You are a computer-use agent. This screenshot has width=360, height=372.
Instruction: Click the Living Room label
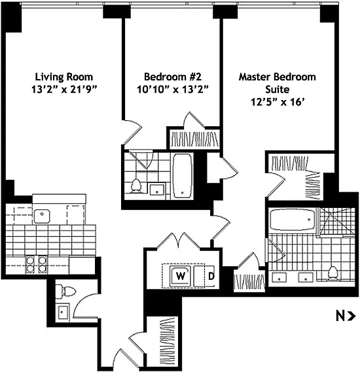tap(64, 77)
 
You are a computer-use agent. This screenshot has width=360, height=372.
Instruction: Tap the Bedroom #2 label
tap(173, 77)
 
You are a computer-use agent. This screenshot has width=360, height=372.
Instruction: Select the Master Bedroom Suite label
tap(277, 83)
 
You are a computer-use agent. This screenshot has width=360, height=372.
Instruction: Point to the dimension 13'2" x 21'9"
tap(64, 90)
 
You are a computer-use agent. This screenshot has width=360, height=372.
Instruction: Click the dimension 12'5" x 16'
tap(278, 102)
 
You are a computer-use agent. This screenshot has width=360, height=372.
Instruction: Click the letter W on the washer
tap(181, 276)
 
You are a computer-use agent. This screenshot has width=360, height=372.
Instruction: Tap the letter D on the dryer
tap(211, 276)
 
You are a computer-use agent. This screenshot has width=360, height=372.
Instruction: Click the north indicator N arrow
tap(346, 316)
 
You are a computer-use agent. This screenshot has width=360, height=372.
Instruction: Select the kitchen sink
tap(42, 216)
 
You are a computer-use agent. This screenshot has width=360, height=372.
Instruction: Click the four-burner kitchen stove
tap(36, 264)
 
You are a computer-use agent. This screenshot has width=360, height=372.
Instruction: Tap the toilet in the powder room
tap(65, 291)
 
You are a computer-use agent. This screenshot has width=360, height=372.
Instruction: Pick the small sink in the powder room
tap(63, 313)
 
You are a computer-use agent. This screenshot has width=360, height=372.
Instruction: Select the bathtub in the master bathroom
tap(293, 220)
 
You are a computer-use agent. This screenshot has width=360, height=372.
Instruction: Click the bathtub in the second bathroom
tap(182, 176)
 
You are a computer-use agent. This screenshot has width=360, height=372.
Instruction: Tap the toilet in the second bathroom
tap(136, 185)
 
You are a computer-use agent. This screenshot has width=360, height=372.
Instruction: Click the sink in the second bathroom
tap(156, 190)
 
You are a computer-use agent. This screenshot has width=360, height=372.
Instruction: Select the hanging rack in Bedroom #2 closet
tap(194, 139)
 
